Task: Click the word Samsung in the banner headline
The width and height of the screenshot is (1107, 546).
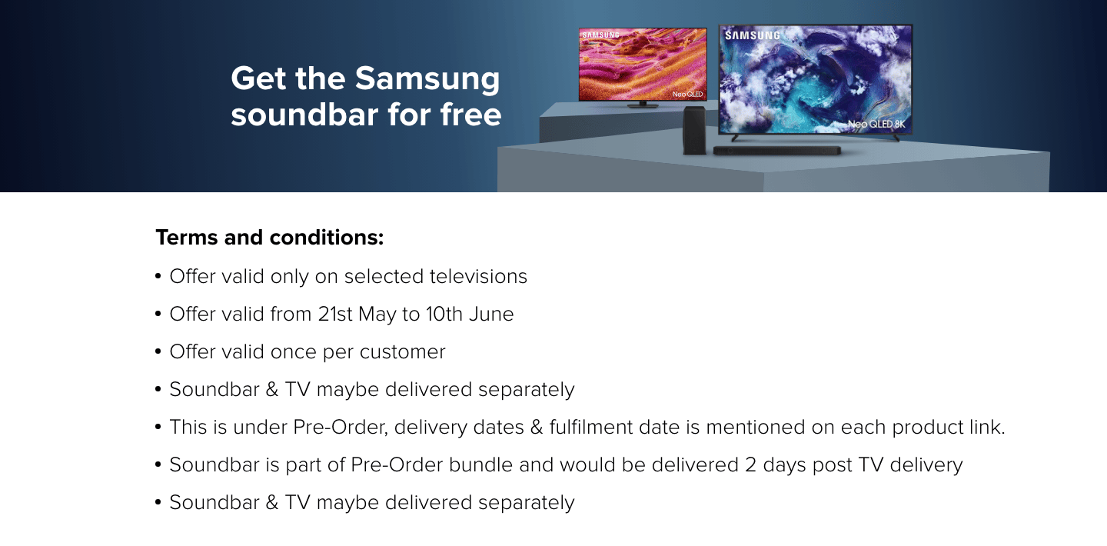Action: point(427,79)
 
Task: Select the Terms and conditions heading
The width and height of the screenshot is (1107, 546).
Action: point(270,238)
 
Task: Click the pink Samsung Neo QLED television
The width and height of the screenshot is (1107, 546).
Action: point(643,65)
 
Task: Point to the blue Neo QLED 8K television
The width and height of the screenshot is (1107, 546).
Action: point(816,79)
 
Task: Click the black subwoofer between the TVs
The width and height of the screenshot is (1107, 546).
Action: point(694,131)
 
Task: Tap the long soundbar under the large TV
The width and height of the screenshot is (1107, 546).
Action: point(777,151)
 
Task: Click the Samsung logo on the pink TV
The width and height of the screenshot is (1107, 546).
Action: point(601,35)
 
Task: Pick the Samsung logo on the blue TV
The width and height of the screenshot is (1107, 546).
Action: point(752,35)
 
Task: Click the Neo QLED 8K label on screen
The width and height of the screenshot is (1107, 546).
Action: point(876,124)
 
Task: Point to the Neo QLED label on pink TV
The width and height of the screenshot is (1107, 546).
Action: point(687,94)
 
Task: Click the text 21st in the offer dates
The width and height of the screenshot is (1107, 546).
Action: point(335,314)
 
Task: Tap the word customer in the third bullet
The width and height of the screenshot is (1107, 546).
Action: point(402,352)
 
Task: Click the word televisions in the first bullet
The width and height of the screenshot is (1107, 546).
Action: point(478,277)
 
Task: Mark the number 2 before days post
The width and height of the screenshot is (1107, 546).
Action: point(750,465)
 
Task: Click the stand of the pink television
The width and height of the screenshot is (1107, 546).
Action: point(643,105)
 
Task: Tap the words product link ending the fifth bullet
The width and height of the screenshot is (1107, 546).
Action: point(949,428)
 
